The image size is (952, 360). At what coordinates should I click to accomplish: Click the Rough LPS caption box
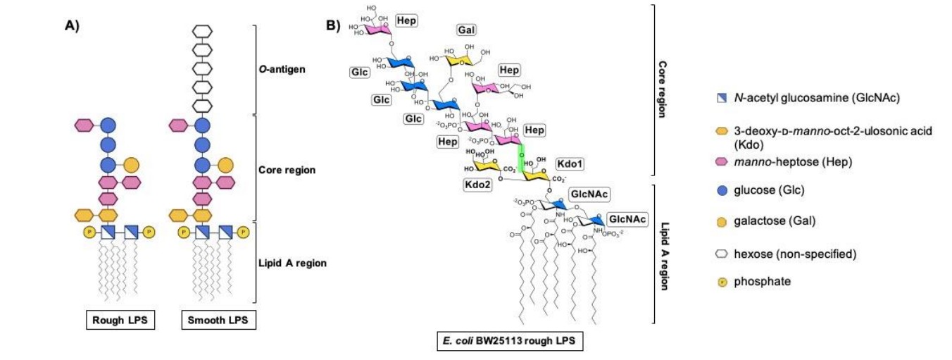(121, 321)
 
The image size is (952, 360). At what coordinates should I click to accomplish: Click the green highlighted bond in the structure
(522, 160)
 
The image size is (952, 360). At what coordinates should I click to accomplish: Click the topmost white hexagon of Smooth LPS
(202, 32)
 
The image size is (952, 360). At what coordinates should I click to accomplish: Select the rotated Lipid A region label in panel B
(665, 256)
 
